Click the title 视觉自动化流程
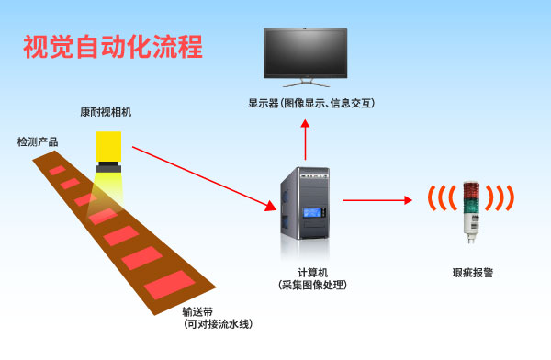112,47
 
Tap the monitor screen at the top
307,54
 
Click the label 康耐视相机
106,112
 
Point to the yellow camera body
110,145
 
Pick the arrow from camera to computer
202,174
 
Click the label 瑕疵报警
473,273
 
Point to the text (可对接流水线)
217,324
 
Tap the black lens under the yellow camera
110,168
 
